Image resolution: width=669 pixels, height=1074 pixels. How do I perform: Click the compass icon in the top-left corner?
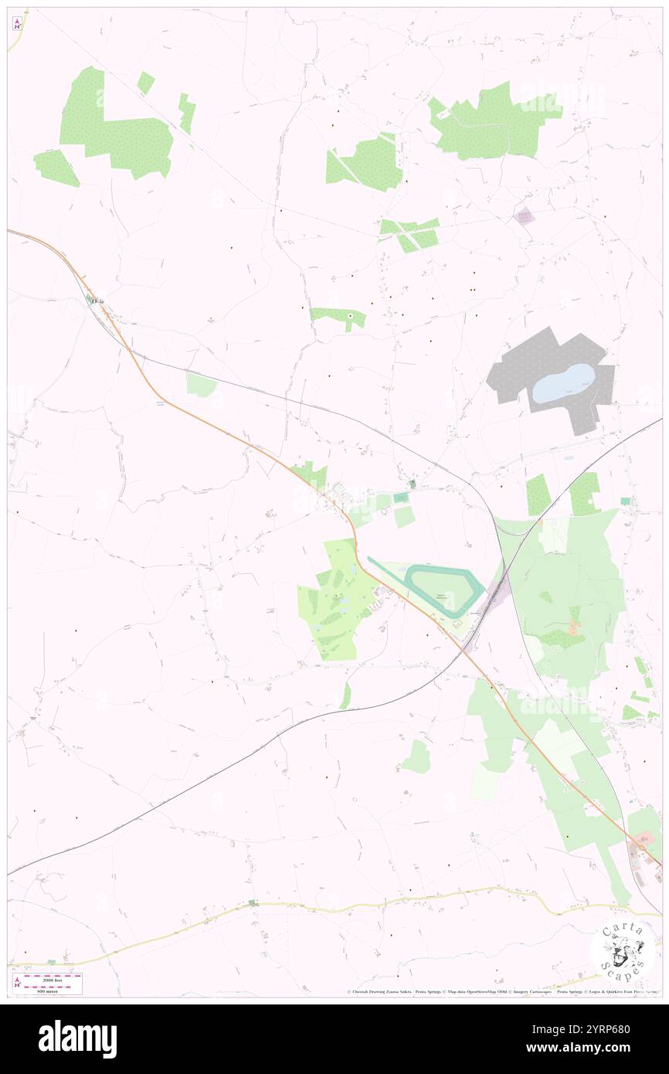[17, 23]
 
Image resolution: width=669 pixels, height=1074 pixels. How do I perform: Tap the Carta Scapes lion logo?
[622, 947]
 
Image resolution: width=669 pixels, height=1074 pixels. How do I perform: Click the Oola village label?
[97, 301]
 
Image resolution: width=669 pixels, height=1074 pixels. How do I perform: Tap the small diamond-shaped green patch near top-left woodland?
[145, 83]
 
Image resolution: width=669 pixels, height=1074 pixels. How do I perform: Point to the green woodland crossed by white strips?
[410, 233]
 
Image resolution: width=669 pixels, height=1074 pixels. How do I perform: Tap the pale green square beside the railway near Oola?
[201, 384]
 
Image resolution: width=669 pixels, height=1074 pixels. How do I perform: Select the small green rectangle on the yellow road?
[252, 902]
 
